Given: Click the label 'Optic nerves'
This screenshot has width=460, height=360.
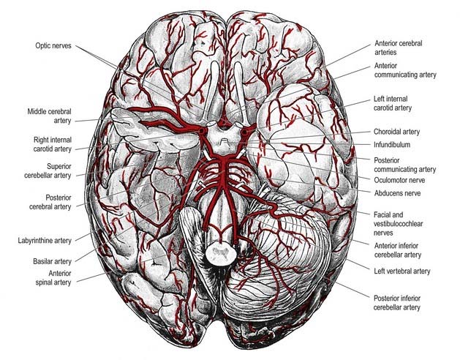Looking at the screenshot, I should tap(53, 45).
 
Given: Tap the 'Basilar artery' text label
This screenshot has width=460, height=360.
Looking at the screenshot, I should tap(50, 260).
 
